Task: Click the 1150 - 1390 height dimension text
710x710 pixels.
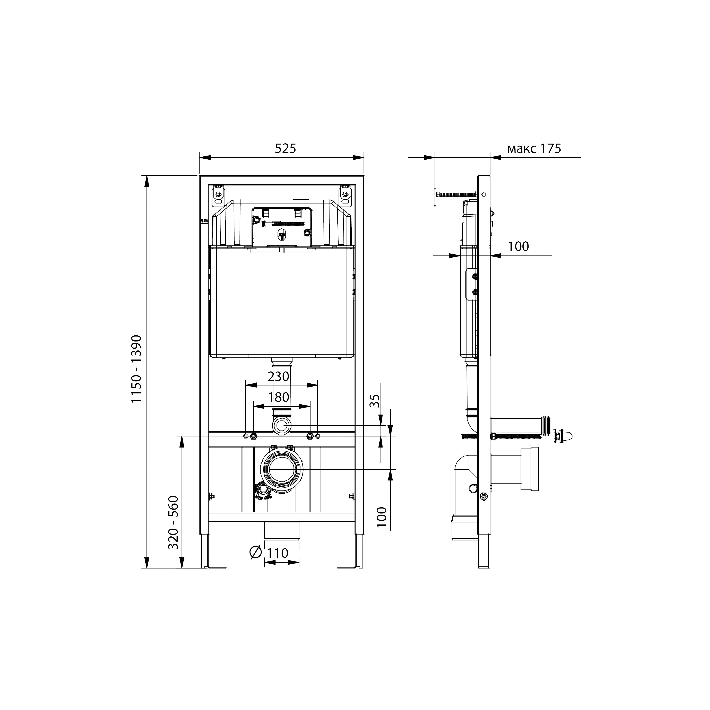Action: pos(137,369)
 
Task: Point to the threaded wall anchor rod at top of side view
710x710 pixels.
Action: pos(456,194)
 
